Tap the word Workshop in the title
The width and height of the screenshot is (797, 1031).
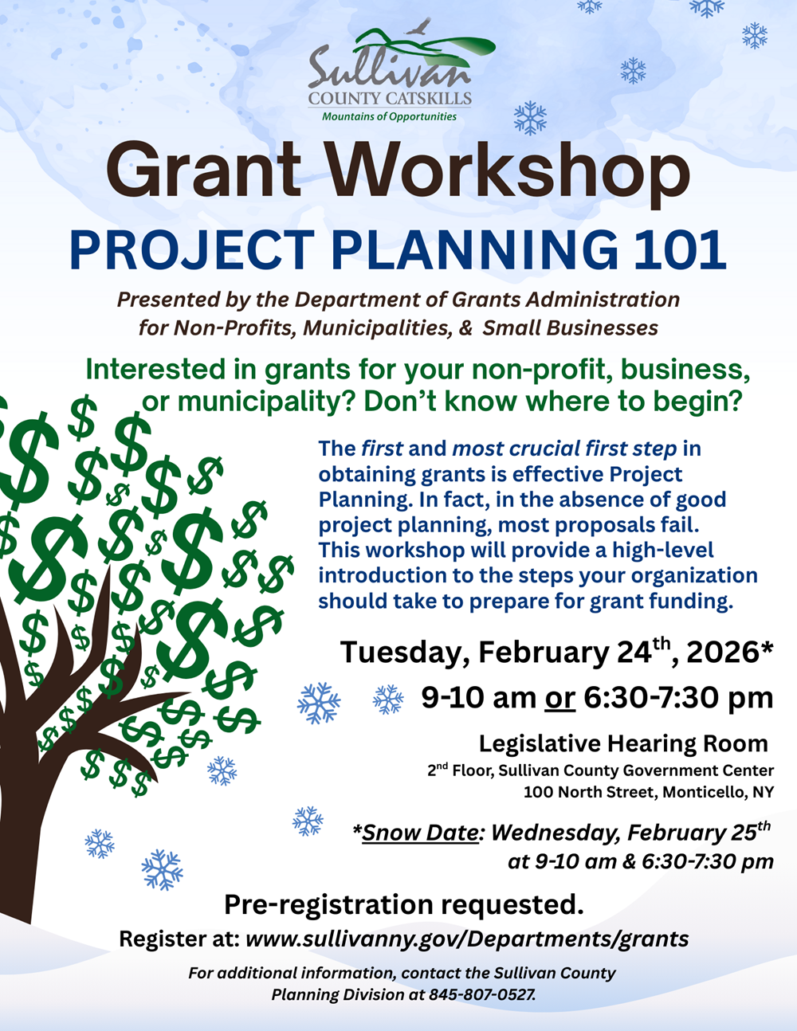point(507,170)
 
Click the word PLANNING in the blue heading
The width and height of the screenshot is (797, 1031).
point(473,249)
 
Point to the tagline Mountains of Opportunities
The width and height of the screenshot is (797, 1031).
point(389,116)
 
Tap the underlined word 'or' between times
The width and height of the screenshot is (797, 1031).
point(559,698)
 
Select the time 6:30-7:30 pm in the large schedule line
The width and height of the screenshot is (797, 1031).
point(678,698)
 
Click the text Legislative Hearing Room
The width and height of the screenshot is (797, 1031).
point(623,743)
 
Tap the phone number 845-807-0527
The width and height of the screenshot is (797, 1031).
point(481,994)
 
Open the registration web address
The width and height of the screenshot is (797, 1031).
point(467,939)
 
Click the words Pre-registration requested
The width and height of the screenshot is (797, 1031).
point(403,904)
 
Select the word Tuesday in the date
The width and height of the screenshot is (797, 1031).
point(404,653)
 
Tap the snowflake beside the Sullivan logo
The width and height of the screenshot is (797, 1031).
point(530,118)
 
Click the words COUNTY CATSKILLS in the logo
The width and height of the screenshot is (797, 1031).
point(390,99)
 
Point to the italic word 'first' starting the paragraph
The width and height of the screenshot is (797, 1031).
point(382,449)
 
